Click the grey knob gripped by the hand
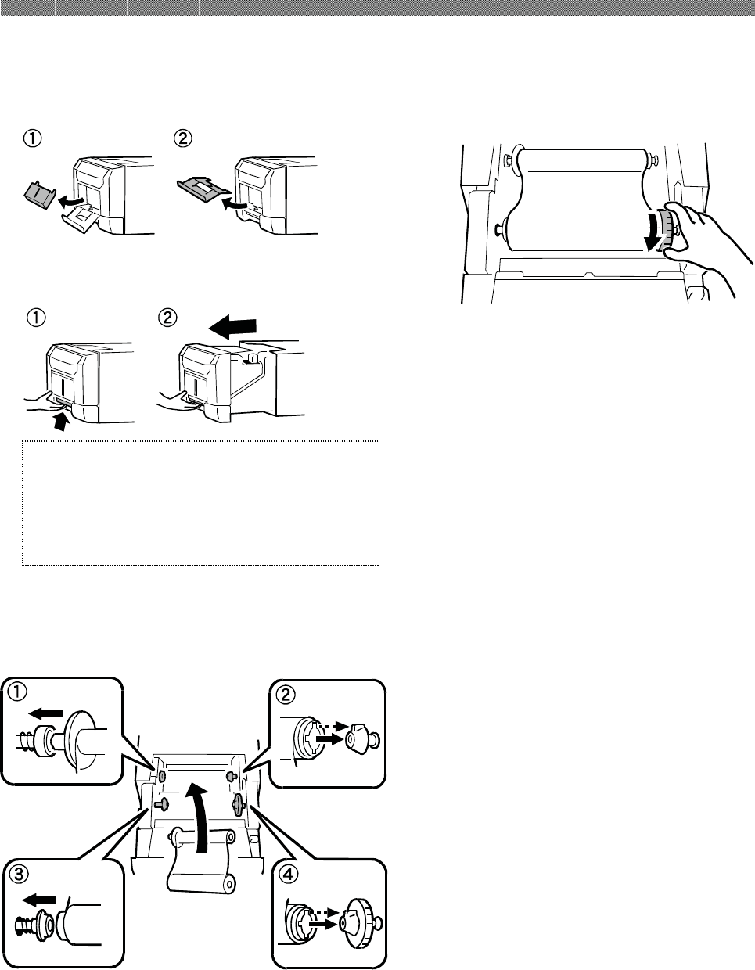tap(665, 230)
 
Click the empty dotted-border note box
tap(200, 502)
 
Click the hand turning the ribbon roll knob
tap(704, 235)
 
